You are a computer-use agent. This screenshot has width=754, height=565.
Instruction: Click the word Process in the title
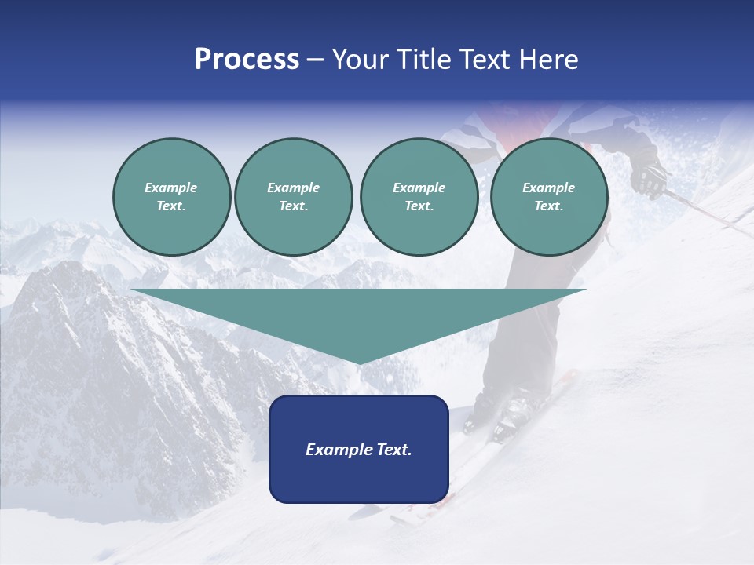pos(247,60)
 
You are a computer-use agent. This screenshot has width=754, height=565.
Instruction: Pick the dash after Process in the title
pos(315,60)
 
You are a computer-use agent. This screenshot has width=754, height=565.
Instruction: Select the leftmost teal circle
pos(171,197)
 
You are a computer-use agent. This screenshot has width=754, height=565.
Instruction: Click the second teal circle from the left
pos(294,197)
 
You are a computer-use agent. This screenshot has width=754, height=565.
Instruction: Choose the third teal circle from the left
pos(419,197)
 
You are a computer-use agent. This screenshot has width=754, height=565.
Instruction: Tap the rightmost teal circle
pos(549,197)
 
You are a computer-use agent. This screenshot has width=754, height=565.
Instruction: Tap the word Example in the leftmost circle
pos(171,188)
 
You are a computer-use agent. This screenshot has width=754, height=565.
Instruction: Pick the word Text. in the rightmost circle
pos(549,206)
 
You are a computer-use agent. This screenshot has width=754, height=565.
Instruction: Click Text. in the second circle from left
pos(294,206)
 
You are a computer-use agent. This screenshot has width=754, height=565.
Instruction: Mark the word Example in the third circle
pos(419,188)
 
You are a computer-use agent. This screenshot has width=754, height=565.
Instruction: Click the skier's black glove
pos(649,180)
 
